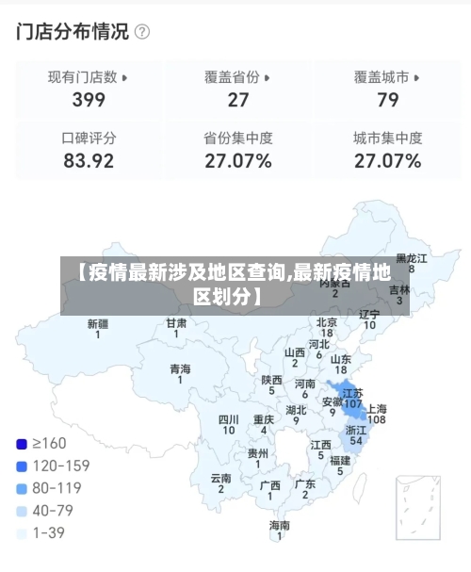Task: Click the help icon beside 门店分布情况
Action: tap(142, 32)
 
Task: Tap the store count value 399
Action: tap(89, 100)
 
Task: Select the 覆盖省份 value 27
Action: tap(237, 100)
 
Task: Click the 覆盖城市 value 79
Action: tap(387, 100)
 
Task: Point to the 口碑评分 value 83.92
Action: tap(89, 161)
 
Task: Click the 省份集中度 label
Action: tap(237, 138)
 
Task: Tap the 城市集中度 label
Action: tap(387, 138)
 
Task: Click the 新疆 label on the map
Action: tap(97, 323)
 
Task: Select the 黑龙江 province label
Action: tap(411, 257)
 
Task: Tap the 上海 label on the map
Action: tap(376, 409)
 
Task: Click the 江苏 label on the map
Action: tap(352, 393)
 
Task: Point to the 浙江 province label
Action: tap(356, 430)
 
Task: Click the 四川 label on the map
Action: tap(228, 419)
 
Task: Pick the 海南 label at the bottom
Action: tap(280, 525)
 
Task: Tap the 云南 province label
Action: tap(221, 478)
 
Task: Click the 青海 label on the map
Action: tap(180, 368)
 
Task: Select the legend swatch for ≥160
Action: tap(22, 443)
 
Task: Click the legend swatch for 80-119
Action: tap(22, 488)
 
